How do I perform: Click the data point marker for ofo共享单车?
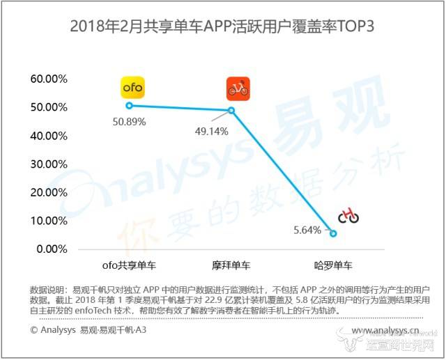pyautogui.click(x=129, y=105)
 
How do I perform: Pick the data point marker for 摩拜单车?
pyautogui.click(x=231, y=110)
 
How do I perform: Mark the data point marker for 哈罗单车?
pyautogui.click(x=333, y=233)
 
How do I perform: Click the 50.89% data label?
pyautogui.click(x=129, y=122)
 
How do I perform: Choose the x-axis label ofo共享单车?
pyautogui.click(x=129, y=265)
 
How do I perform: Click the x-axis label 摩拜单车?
pyautogui.click(x=231, y=265)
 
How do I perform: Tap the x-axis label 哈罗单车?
pyautogui.click(x=333, y=265)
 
